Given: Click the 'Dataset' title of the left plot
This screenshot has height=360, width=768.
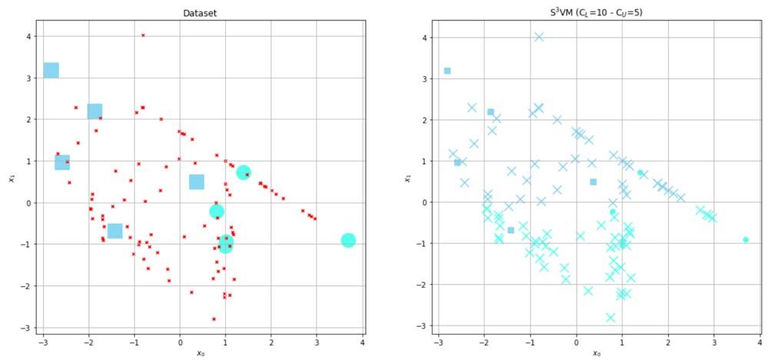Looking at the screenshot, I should click(x=199, y=13).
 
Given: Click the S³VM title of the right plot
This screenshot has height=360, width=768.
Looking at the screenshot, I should click(x=596, y=13).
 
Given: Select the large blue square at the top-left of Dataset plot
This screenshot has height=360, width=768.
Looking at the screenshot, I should click(x=51, y=71).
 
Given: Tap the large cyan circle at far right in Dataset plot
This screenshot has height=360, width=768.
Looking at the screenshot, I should click(x=348, y=240).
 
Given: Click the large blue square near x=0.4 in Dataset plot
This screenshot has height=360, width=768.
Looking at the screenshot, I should click(x=197, y=182).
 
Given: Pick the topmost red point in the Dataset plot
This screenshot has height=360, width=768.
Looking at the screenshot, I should click(x=143, y=35).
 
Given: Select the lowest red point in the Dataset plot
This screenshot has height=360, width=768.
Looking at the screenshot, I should click(x=214, y=319).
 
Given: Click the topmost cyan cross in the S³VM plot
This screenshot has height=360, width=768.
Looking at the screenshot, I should click(x=539, y=36).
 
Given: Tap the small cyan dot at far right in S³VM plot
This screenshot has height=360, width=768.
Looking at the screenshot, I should click(x=746, y=239).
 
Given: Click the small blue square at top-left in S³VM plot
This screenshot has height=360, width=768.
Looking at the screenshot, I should click(x=447, y=71).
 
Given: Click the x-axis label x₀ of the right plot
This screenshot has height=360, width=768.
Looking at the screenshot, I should click(x=596, y=353).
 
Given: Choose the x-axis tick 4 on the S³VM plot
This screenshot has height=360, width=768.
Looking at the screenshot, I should click(x=759, y=342).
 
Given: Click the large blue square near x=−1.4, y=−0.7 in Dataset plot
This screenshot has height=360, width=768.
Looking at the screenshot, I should click(x=115, y=231).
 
